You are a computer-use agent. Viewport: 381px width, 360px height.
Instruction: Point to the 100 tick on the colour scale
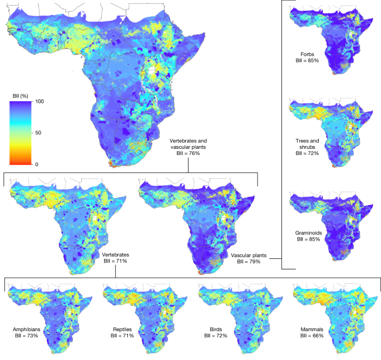39,102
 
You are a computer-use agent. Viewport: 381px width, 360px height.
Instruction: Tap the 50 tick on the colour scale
38,133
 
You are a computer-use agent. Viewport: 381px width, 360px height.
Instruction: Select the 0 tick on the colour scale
36,164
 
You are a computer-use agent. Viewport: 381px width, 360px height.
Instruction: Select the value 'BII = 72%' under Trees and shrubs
307,153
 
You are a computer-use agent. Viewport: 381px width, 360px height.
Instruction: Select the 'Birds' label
214,329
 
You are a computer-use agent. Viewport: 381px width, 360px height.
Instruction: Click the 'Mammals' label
310,329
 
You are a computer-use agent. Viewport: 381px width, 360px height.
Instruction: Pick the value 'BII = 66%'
310,336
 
